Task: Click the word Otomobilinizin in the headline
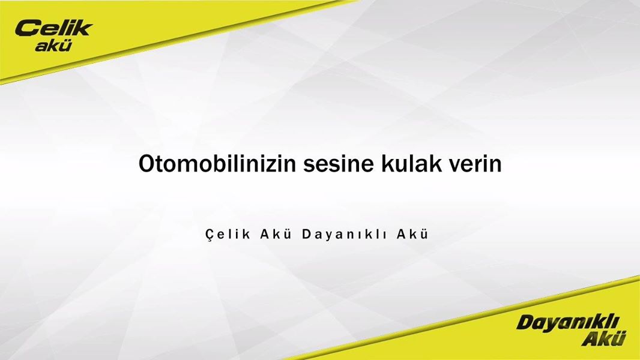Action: [x=217, y=164]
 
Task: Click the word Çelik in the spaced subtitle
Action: [x=228, y=235]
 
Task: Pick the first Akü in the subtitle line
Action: [x=276, y=234]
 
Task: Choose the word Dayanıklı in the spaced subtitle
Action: [x=345, y=235]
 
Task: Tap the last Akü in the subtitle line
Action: [x=412, y=234]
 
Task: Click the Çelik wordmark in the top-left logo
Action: [x=54, y=29]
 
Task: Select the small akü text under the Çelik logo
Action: [x=53, y=46]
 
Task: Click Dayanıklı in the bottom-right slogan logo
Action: [x=567, y=323]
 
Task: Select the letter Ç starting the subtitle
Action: [x=210, y=235]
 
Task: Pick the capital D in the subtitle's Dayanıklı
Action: [x=307, y=234]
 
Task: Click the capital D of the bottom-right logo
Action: [x=526, y=322]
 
